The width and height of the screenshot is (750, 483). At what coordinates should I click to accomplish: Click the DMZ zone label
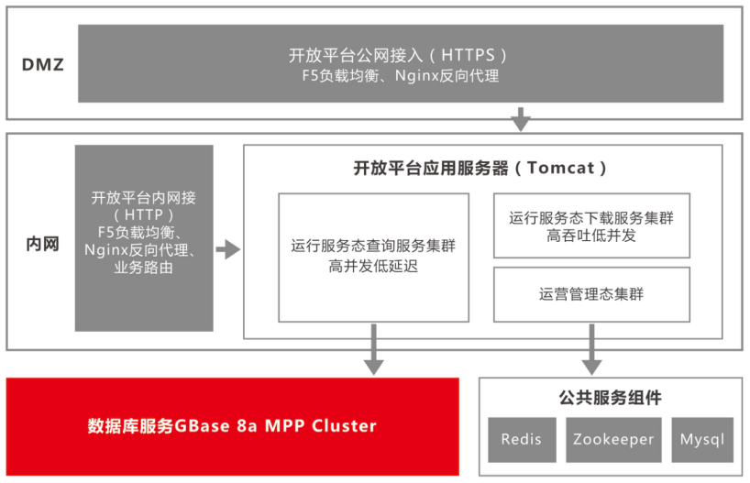[43, 66]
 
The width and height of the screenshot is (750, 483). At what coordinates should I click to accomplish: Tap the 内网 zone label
[41, 245]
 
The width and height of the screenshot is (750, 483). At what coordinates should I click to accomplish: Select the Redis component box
[521, 439]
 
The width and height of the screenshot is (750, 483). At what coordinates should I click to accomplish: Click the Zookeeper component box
[613, 439]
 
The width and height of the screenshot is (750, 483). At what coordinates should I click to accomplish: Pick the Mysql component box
[702, 439]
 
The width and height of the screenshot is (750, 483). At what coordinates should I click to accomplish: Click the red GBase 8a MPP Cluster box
[232, 426]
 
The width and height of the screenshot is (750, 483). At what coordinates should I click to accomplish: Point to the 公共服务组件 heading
[610, 398]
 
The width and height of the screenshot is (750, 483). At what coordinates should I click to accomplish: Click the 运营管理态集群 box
[591, 294]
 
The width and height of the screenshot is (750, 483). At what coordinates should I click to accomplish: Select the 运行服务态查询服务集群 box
[373, 257]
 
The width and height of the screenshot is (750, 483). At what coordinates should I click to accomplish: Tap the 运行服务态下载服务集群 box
[591, 225]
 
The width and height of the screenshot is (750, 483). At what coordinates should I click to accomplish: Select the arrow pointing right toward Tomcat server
[227, 248]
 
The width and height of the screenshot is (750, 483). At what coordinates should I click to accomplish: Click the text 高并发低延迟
[373, 268]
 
